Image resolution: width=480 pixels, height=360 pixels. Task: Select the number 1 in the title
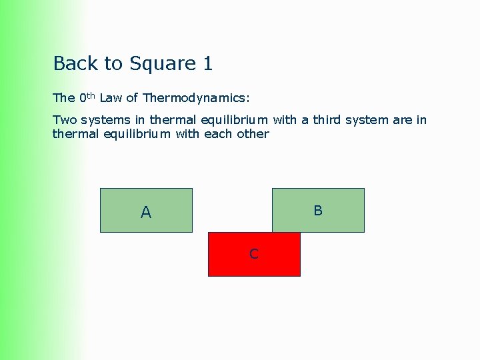(x=207, y=63)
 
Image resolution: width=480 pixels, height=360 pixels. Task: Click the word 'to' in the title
(x=113, y=64)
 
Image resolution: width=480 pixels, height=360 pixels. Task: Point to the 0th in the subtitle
(x=87, y=97)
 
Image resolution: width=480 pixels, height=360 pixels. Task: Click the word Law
(x=110, y=98)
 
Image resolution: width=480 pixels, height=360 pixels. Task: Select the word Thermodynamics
(x=195, y=98)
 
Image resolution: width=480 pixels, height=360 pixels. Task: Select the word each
(x=216, y=133)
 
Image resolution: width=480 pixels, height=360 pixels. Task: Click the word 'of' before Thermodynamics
(x=131, y=98)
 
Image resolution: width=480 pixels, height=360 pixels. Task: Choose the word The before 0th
(x=64, y=98)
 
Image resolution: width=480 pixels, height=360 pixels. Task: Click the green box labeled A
(x=146, y=210)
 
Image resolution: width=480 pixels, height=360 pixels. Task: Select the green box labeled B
(x=318, y=210)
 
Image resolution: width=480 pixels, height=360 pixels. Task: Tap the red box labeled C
(x=254, y=254)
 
